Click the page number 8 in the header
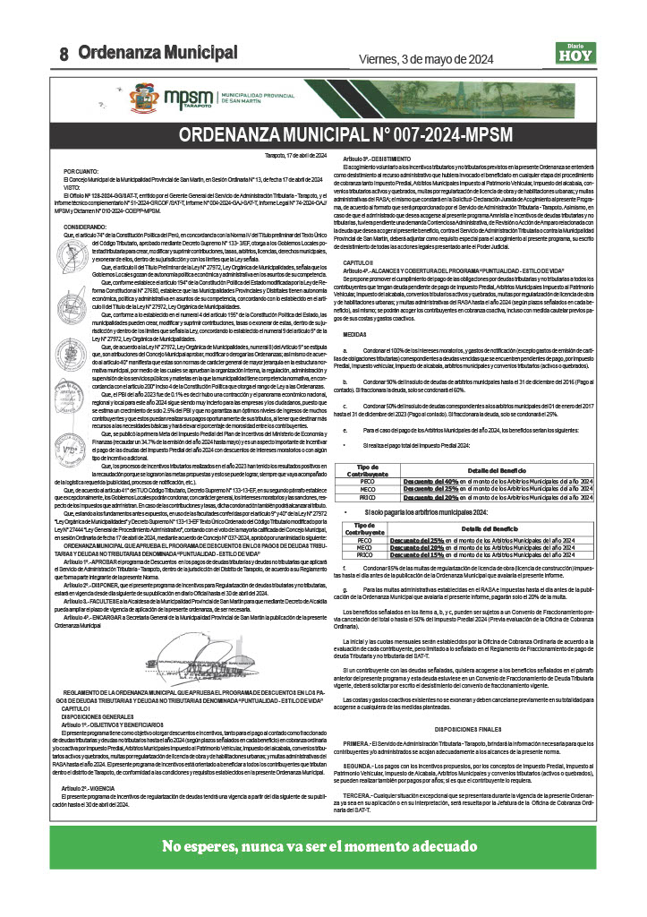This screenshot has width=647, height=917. tap(64, 55)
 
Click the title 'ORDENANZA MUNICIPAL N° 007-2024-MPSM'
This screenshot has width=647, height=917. tap(323, 136)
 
